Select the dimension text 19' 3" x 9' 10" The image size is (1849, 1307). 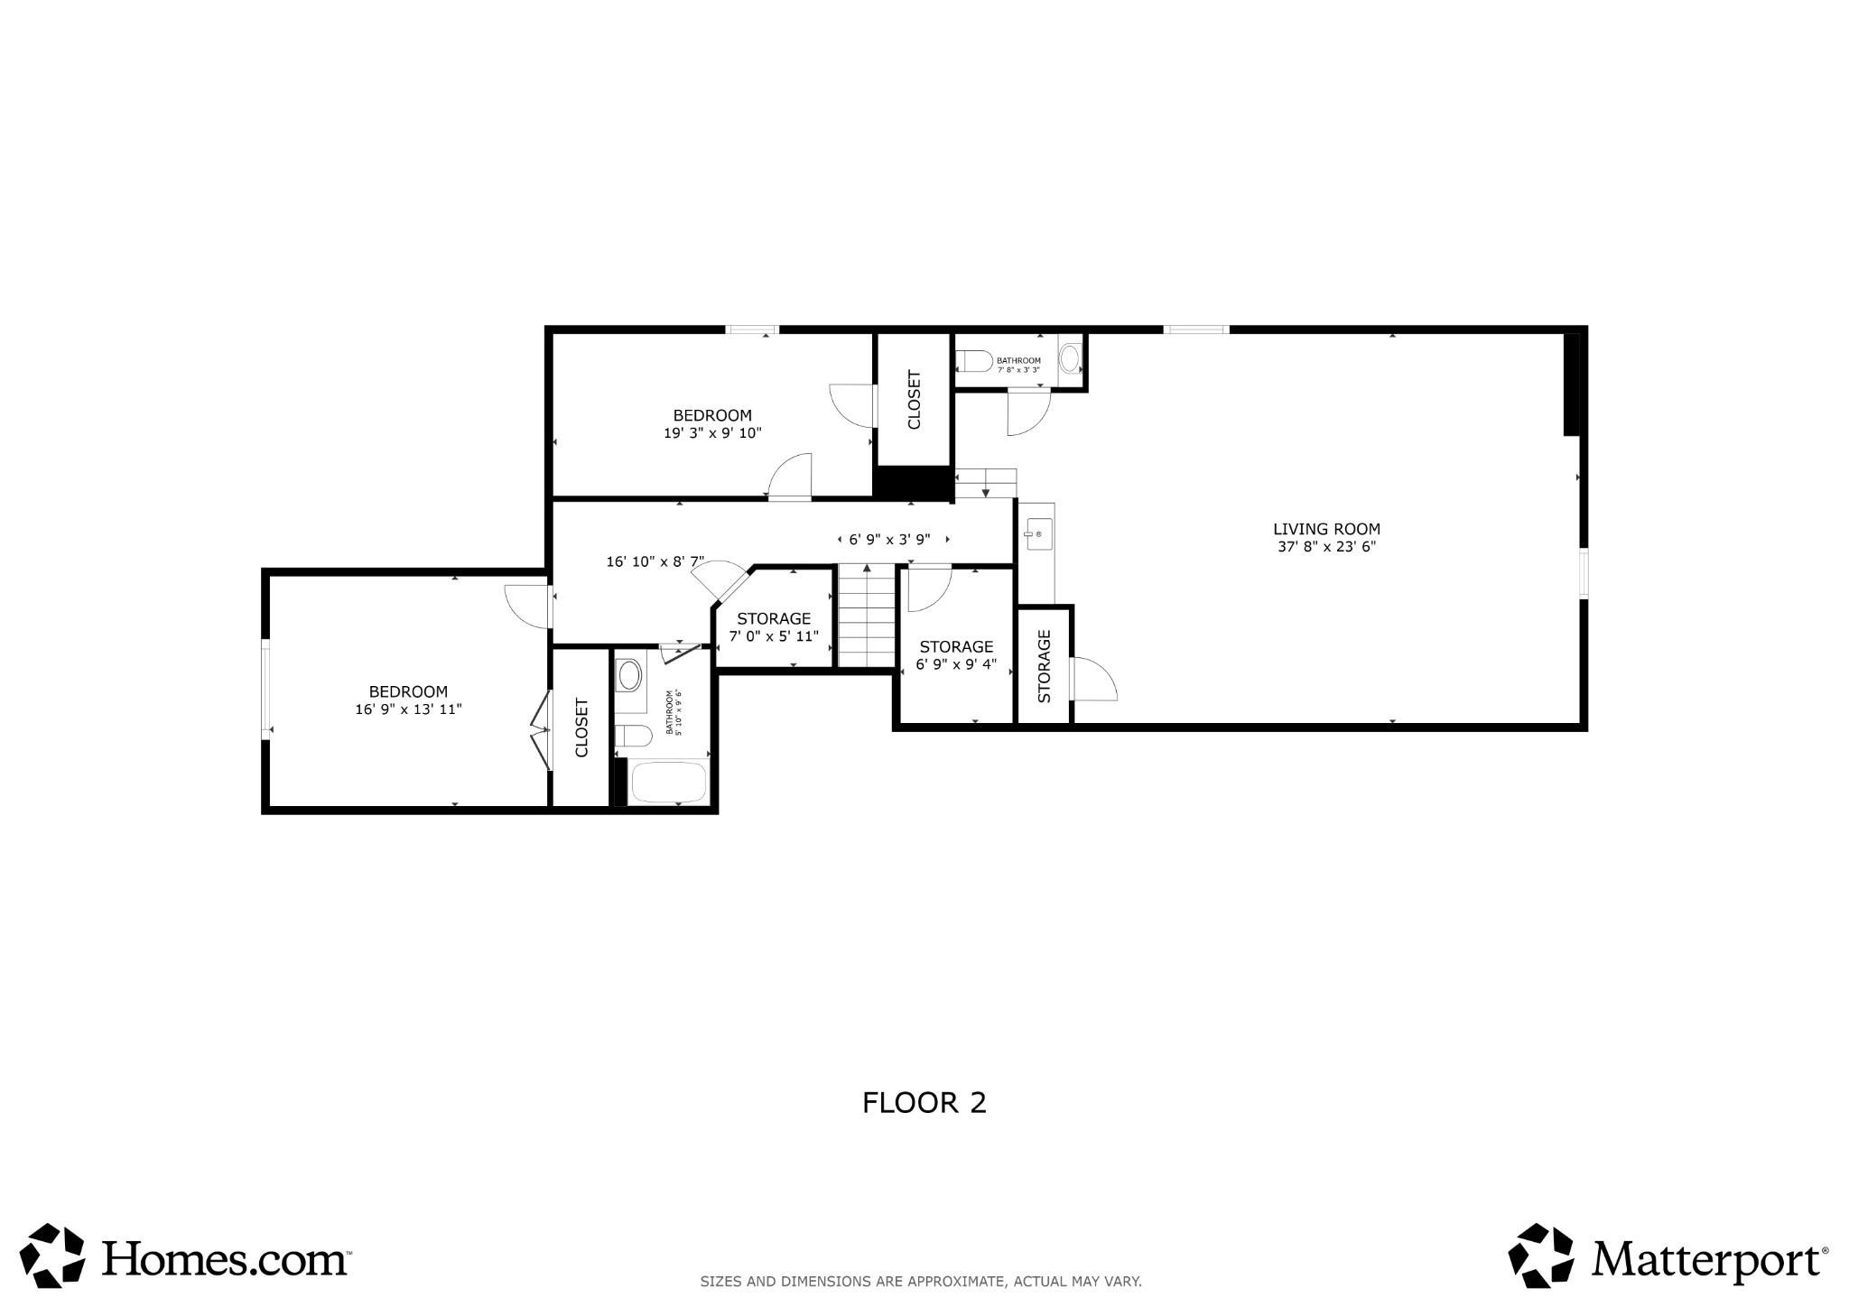pos(712,433)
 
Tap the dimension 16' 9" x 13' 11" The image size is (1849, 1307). pos(408,709)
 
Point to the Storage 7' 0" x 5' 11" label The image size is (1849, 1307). pos(774,627)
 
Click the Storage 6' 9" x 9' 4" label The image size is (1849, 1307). pos(956,655)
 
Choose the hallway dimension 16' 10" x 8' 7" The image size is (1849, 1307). pos(655,561)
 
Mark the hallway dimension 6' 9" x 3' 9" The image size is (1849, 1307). pos(889,540)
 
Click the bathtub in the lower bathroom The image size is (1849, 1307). pos(668,783)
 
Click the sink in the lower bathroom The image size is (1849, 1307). pos(629,674)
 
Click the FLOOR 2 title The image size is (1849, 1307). pos(924,1103)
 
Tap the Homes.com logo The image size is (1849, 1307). pos(185,1256)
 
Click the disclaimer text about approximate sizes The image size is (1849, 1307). pos(921,1281)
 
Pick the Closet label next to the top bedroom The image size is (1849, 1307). pos(914,400)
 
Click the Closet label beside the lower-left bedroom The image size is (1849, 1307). pos(581,728)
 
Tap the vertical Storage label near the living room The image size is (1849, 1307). pos(1045,666)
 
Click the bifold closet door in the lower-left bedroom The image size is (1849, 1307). pos(541,730)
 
